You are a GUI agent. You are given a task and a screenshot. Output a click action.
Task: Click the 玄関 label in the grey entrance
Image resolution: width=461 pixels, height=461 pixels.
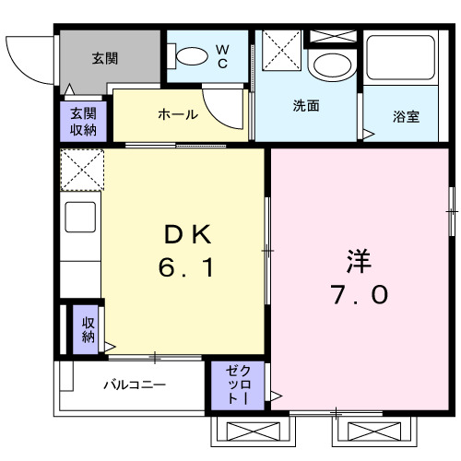[103, 57]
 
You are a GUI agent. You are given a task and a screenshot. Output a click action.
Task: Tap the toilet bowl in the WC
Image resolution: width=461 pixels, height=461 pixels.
[193, 56]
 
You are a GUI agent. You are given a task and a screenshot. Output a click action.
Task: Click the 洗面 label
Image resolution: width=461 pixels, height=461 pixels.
[306, 106]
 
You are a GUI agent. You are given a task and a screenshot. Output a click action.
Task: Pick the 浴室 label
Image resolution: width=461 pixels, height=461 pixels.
[406, 117]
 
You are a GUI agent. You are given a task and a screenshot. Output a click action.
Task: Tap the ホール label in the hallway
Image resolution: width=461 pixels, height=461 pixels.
[177, 114]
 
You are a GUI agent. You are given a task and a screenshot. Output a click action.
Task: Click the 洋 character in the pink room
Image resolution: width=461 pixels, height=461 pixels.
[360, 260]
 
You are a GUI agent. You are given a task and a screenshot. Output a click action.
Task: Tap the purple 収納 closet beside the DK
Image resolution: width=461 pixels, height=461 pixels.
[88, 329]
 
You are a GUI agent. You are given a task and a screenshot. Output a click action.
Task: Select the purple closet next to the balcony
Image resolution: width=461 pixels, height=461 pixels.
[238, 384]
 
